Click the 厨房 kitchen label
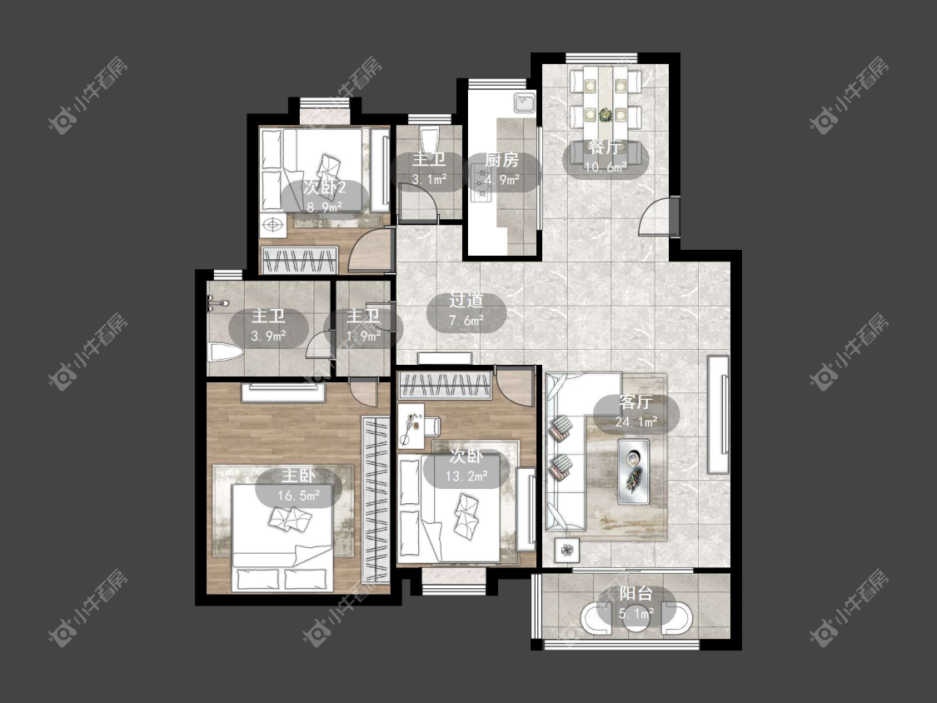[502, 160]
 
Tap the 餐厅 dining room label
[605, 147]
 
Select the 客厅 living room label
[635, 402]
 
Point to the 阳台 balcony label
[635, 594]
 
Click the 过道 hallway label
[466, 301]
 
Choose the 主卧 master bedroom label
[298, 476]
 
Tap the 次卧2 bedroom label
[325, 187]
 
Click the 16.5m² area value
[298, 495]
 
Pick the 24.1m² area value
[635, 421]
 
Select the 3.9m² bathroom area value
[268, 336]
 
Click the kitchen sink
[525, 102]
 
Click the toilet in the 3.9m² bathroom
[225, 352]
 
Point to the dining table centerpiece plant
[606, 113]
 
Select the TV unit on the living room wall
[718, 414]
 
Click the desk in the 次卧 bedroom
[411, 426]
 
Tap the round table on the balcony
[635, 617]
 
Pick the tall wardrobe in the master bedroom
[376, 500]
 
